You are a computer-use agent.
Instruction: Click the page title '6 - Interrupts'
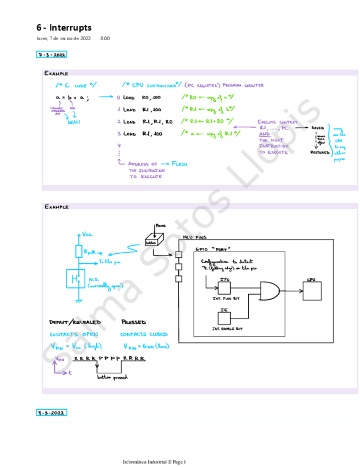[x=64, y=27]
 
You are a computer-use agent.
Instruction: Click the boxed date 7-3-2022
[x=51, y=55]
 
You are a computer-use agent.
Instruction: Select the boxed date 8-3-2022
[x=52, y=412]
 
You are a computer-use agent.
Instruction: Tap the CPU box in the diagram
[x=312, y=290]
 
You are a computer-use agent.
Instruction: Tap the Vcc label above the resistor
[x=87, y=234]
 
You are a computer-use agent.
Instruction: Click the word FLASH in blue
[x=179, y=164]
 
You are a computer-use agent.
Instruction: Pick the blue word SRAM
[x=74, y=122]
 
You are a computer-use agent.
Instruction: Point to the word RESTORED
[x=320, y=152]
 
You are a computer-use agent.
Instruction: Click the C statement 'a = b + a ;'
[x=72, y=97]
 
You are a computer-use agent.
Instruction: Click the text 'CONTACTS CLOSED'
[x=144, y=334]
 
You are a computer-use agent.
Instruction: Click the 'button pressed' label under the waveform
[x=112, y=377]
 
